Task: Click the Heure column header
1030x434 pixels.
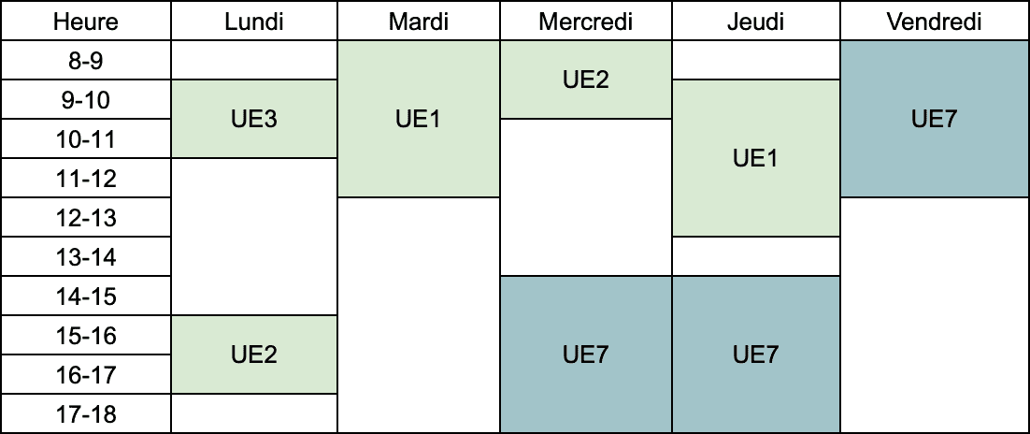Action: pyautogui.click(x=86, y=21)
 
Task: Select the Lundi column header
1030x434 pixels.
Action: pyautogui.click(x=254, y=21)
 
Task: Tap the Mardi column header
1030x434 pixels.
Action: pyautogui.click(x=419, y=21)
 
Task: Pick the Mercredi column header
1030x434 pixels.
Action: pyautogui.click(x=586, y=21)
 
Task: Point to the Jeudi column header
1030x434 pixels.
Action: pyautogui.click(x=756, y=21)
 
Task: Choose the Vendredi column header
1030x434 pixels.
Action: pyautogui.click(x=934, y=21)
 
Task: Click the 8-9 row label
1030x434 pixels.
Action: pyautogui.click(x=86, y=61)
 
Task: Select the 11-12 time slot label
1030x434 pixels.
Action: pyautogui.click(x=86, y=179)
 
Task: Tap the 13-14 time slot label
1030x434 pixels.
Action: pyautogui.click(x=86, y=256)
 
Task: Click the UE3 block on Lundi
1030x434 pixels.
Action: pyautogui.click(x=254, y=119)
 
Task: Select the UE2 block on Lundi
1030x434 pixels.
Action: pyautogui.click(x=254, y=354)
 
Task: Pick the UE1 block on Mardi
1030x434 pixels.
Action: pyautogui.click(x=419, y=119)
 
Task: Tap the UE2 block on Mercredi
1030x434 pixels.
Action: pyautogui.click(x=586, y=80)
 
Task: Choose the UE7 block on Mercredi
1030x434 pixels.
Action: pyautogui.click(x=586, y=354)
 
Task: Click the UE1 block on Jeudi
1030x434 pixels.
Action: pyautogui.click(x=756, y=158)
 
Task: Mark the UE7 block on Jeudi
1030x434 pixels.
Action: pyautogui.click(x=756, y=354)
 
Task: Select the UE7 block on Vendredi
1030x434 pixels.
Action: pyautogui.click(x=934, y=119)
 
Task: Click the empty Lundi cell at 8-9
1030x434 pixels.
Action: pyautogui.click(x=254, y=61)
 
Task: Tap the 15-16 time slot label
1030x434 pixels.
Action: pyautogui.click(x=86, y=336)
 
